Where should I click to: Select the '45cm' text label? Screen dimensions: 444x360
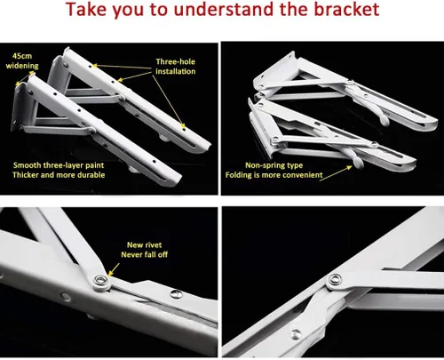[x=22, y=56]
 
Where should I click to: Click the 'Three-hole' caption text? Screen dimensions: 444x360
[x=176, y=61]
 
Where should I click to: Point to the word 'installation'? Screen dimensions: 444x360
[x=176, y=71]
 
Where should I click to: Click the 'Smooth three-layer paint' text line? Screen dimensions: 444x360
[x=59, y=165]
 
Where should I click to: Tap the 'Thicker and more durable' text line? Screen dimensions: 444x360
[x=59, y=175]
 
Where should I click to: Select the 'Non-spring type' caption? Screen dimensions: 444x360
[x=274, y=165]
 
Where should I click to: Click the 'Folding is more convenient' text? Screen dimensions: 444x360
[x=274, y=175]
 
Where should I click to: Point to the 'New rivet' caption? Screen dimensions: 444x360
[x=144, y=244]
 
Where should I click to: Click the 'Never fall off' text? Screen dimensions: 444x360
[x=144, y=254]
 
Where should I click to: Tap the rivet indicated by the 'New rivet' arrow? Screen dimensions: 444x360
[x=101, y=279]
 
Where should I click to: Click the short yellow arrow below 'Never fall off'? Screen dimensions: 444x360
[x=114, y=269]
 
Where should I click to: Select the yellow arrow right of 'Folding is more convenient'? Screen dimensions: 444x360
[x=336, y=173]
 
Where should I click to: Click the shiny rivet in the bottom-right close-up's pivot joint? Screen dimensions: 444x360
[x=335, y=279]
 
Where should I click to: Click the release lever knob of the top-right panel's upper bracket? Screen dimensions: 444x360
[x=385, y=120]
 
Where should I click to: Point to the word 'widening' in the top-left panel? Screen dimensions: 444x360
[x=22, y=66]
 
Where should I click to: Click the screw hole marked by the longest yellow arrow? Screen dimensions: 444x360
[x=184, y=129]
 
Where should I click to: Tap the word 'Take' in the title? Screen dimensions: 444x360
[x=86, y=9]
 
